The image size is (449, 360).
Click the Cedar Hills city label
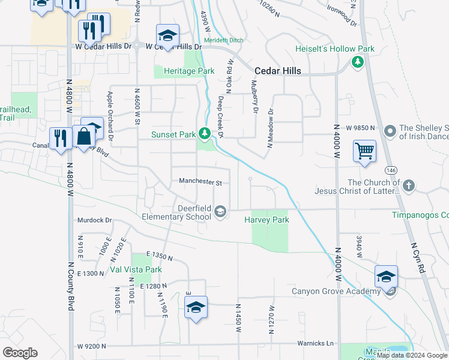[277, 70]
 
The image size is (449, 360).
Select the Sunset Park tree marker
[205, 133]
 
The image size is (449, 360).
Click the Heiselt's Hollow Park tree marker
[358, 61]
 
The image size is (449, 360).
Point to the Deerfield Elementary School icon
[221, 211]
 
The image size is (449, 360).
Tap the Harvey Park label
[267, 220]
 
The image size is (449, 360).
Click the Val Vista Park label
[136, 269]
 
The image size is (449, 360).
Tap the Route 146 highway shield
[390, 170]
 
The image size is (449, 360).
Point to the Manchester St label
[200, 181]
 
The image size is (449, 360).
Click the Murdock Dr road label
[95, 220]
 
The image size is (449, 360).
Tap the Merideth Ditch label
[223, 40]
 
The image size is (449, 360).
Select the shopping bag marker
[85, 136]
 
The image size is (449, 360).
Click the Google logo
[20, 352]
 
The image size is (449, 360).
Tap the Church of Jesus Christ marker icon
[409, 185]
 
